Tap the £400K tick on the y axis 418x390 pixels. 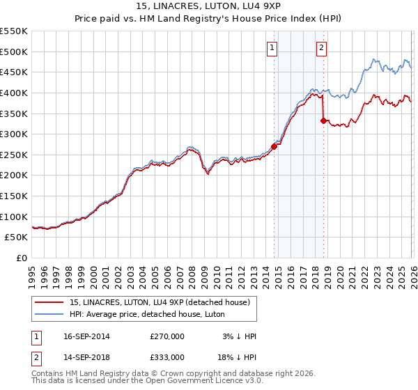click(14, 93)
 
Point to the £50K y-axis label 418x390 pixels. click(16, 237)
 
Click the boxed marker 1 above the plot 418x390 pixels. click(271, 48)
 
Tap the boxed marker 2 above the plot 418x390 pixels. click(321, 48)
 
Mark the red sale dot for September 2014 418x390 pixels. click(274, 146)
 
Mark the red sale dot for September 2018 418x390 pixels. click(323, 120)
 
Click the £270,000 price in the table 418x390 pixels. click(167, 336)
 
